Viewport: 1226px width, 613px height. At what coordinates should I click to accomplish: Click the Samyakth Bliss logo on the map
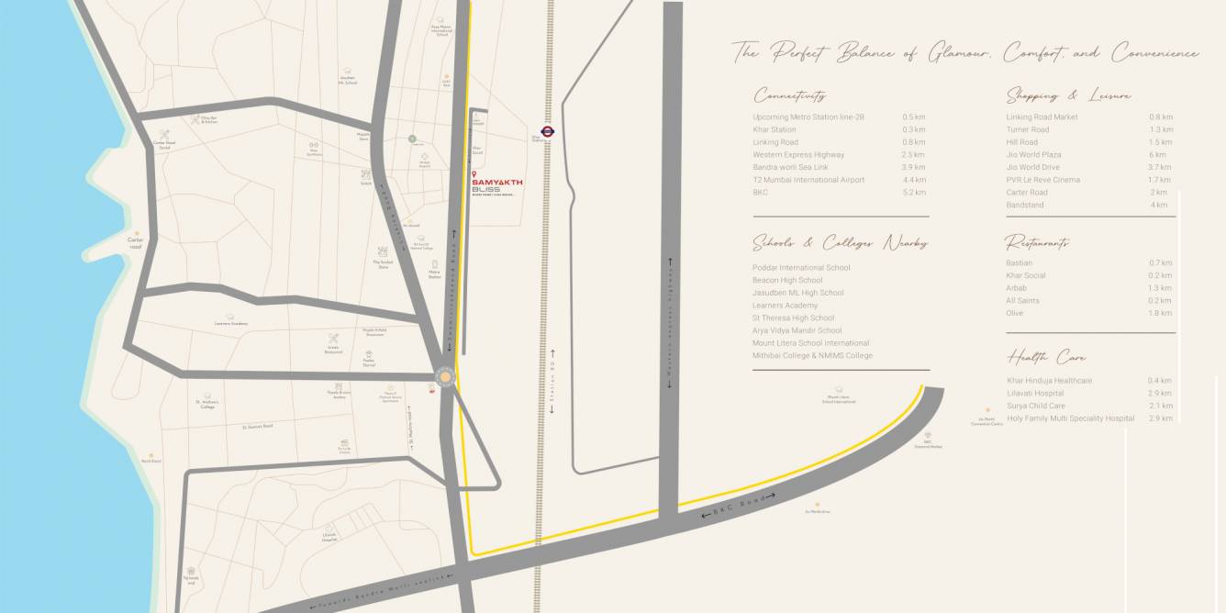(x=496, y=185)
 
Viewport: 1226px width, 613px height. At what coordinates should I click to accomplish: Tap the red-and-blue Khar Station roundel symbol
(x=547, y=131)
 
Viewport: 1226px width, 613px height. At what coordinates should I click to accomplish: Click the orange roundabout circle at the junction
(x=445, y=377)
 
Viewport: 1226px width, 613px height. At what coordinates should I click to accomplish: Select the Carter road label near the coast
(x=136, y=242)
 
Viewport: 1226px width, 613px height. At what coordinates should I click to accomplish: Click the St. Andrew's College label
(x=205, y=404)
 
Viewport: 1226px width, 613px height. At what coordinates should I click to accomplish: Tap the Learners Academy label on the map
(x=231, y=324)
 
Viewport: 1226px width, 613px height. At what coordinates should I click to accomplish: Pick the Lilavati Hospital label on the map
(x=329, y=540)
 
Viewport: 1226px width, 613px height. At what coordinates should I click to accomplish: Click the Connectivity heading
(x=790, y=95)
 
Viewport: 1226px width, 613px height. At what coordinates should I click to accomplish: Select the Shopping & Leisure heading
(x=1068, y=95)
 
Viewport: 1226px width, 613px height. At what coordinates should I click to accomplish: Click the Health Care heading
(x=1046, y=357)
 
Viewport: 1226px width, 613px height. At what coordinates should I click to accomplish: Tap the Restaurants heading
(x=1037, y=243)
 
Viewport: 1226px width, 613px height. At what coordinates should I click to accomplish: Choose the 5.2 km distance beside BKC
(x=914, y=193)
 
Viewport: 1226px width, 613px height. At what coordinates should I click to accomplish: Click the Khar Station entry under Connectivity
(x=775, y=129)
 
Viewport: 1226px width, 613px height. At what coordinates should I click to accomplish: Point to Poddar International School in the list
(x=801, y=268)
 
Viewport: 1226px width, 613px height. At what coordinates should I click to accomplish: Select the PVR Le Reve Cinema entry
(x=1042, y=180)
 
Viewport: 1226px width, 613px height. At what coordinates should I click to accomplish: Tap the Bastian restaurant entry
(x=1019, y=263)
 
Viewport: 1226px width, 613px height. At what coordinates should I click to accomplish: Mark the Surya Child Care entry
(x=1036, y=406)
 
